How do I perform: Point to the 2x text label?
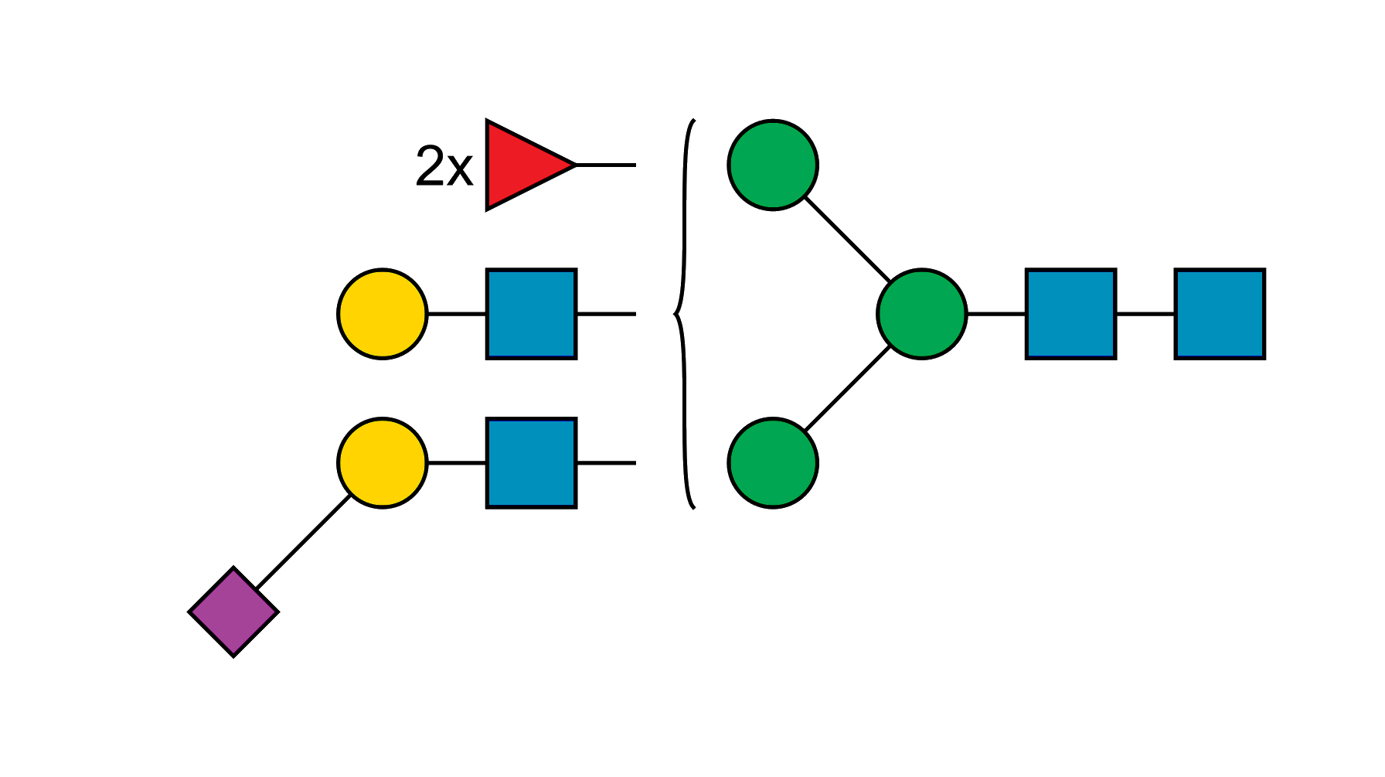pyautogui.click(x=444, y=166)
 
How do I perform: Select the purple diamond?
pyautogui.click(x=233, y=612)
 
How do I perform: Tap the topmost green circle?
pyautogui.click(x=772, y=165)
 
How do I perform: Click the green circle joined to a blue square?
pyautogui.click(x=921, y=314)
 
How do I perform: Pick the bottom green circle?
pyautogui.click(x=772, y=463)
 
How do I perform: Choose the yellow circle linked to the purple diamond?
pyautogui.click(x=383, y=463)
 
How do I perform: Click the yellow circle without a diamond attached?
pyautogui.click(x=383, y=314)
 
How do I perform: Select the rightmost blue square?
pyautogui.click(x=1220, y=314)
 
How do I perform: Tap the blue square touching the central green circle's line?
pyautogui.click(x=1070, y=314)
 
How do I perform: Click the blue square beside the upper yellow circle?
pyautogui.click(x=531, y=314)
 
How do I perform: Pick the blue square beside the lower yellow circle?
pyautogui.click(x=531, y=463)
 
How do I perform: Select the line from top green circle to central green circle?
pyautogui.click(x=846, y=240)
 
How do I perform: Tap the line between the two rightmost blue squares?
pyautogui.click(x=1145, y=314)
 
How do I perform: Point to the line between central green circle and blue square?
pyautogui.click(x=995, y=314)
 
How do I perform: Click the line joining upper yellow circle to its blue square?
pyautogui.click(x=456, y=314)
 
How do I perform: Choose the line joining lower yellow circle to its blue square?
pyautogui.click(x=456, y=463)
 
